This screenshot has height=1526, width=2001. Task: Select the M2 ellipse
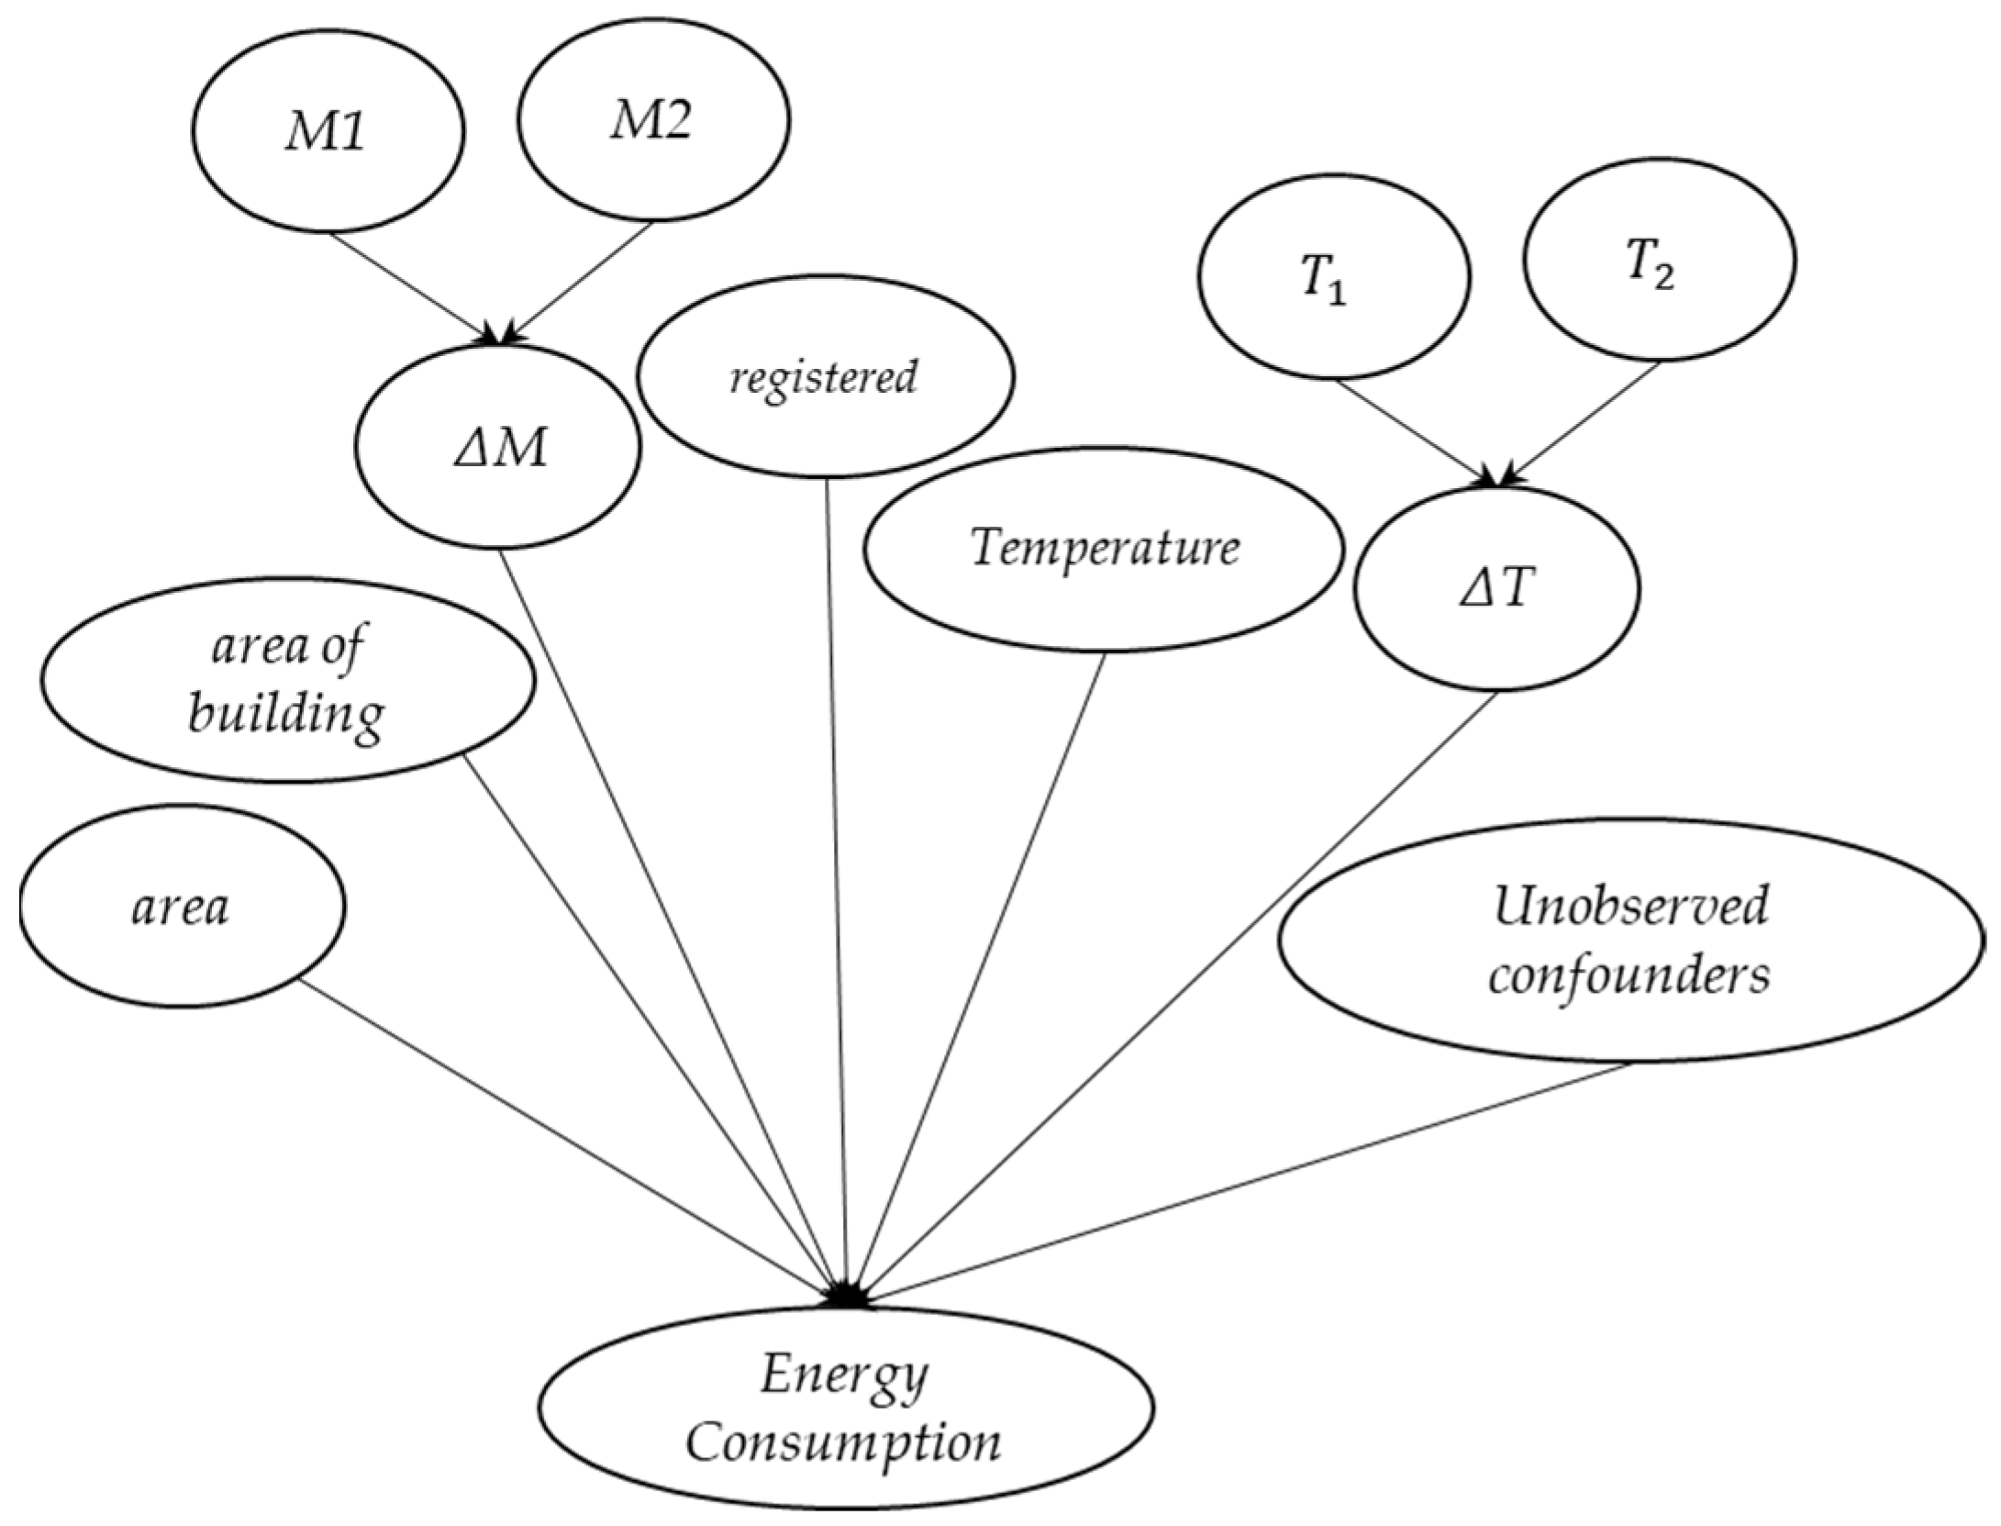pos(653,120)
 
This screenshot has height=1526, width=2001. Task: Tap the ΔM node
pos(498,449)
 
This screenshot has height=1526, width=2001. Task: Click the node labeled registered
pos(825,376)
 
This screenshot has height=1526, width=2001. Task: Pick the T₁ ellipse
pos(1334,276)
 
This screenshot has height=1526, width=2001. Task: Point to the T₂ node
pos(1659,261)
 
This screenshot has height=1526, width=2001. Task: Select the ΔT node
pos(1497,588)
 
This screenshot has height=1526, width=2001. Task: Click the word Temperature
pos(1105,549)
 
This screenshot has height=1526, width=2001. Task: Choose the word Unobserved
pos(1629,908)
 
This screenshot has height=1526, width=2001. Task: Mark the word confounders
pos(1629,975)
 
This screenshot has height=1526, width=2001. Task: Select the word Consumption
pos(844,1442)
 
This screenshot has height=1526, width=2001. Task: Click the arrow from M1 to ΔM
pos(413,287)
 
